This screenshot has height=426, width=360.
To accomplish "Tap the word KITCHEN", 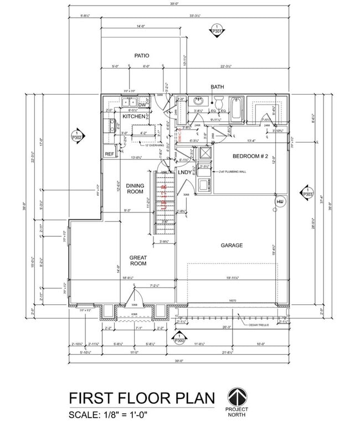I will pyautogui.click(x=133, y=116).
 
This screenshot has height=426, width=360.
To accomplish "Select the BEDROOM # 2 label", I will pyautogui.click(x=250, y=157).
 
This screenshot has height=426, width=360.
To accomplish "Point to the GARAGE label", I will pyautogui.click(x=232, y=245).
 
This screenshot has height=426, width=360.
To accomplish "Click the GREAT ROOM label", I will pyautogui.click(x=138, y=261).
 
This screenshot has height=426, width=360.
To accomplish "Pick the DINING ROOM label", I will pyautogui.click(x=135, y=189).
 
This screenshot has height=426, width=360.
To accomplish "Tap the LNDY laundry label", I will pyautogui.click(x=184, y=172).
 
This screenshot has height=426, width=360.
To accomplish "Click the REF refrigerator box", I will pyautogui.click(x=109, y=154).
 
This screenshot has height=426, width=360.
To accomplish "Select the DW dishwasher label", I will pyautogui.click(x=142, y=105).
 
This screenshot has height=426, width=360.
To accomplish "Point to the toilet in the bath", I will pyautogui.click(x=219, y=103).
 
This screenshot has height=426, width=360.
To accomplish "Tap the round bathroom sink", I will pyautogui.click(x=198, y=102).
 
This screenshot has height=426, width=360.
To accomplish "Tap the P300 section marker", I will pyautogui.click(x=178, y=339).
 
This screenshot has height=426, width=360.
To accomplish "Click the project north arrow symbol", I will pyautogui.click(x=237, y=397).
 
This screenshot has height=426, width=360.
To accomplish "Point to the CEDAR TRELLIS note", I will pyautogui.click(x=258, y=325).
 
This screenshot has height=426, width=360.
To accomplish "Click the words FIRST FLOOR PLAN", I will pyautogui.click(x=141, y=398).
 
